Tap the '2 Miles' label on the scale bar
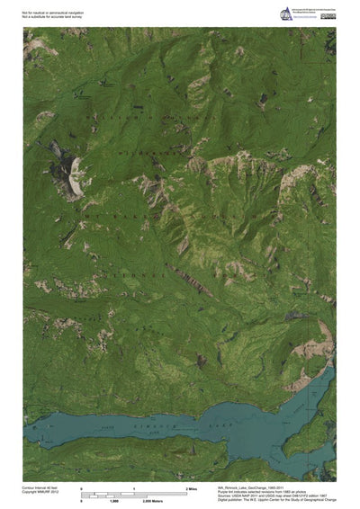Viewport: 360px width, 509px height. coord(192,487)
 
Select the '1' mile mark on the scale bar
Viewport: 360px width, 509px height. coord(135,487)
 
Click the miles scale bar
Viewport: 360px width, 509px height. coord(135,493)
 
